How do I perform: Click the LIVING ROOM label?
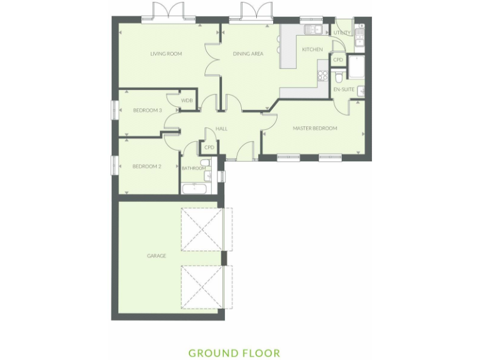pyautogui.click(x=166, y=54)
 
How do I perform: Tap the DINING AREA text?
pyautogui.click(x=248, y=54)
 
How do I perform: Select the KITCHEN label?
pyautogui.click(x=312, y=49)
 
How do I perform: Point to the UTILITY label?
pyautogui.click(x=342, y=32)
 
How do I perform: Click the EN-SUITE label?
pyautogui.click(x=344, y=90)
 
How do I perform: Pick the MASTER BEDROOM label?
pyautogui.click(x=315, y=128)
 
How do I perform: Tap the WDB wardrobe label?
pyautogui.click(x=186, y=101)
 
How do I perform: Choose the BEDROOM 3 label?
pyautogui.click(x=147, y=111)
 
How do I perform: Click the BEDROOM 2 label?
pyautogui.click(x=147, y=166)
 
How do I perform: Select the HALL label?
pyautogui.click(x=221, y=129)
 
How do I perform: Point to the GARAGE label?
pyautogui.click(x=156, y=256)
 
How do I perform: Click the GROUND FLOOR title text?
pyautogui.click(x=234, y=353)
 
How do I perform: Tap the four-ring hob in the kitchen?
pyautogui.click(x=323, y=76)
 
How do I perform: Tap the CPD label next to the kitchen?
pyautogui.click(x=338, y=60)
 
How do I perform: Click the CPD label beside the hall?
pyautogui.click(x=209, y=147)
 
